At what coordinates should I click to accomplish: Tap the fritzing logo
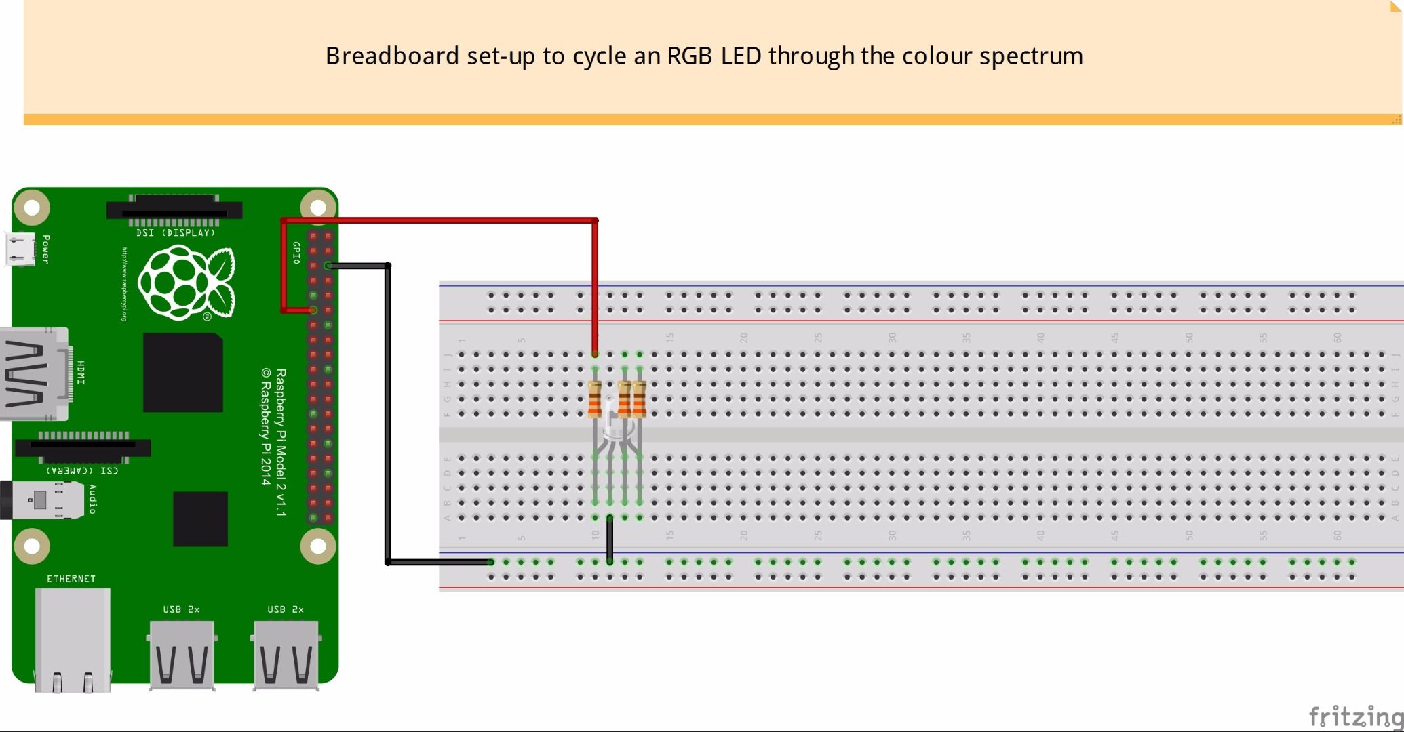click(1354, 716)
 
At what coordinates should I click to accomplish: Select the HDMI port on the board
click(34, 373)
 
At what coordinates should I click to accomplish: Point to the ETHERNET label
click(71, 579)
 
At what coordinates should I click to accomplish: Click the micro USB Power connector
click(20, 249)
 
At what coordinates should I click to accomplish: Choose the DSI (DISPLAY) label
click(175, 232)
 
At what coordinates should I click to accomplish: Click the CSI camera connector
click(83, 447)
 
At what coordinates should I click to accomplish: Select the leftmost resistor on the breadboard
click(595, 399)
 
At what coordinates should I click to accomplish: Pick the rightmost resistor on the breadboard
click(639, 399)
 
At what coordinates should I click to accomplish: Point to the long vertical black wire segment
click(388, 413)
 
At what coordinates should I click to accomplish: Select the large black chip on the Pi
click(183, 373)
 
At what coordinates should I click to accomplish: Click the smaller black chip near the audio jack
click(200, 518)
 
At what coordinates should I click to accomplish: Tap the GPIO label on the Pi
click(296, 252)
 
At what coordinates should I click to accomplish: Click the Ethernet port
click(73, 637)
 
